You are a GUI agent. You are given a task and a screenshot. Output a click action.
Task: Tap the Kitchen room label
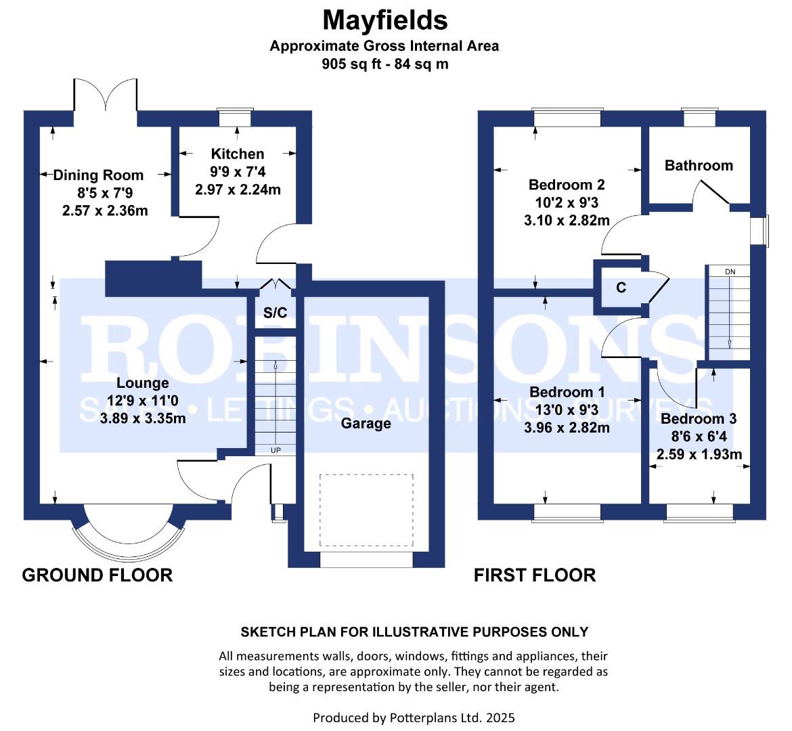tap(238, 154)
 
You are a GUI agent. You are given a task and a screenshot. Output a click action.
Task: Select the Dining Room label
tap(99, 175)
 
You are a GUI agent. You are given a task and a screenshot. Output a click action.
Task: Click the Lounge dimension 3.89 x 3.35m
tap(143, 418)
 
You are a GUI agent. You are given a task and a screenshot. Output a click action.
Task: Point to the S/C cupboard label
tap(276, 313)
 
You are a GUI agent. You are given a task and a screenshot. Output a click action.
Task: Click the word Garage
tap(366, 423)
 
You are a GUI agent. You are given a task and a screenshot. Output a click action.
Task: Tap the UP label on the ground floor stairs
tap(276, 450)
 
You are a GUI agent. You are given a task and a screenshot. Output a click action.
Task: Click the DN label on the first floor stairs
tap(730, 272)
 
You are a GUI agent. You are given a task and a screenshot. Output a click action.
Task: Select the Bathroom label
tap(699, 166)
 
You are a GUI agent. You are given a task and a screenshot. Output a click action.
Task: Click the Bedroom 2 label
tap(567, 185)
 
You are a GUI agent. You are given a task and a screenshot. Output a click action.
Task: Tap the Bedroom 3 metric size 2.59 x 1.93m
tap(699, 454)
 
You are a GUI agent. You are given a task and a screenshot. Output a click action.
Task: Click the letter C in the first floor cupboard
tap(621, 288)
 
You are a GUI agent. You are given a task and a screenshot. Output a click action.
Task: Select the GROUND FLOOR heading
tap(97, 575)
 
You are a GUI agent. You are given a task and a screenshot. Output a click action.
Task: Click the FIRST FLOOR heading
tap(535, 575)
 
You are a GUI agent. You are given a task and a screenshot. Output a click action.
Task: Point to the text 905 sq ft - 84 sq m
tap(385, 64)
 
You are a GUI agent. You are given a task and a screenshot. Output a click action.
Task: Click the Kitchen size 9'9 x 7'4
tap(238, 172)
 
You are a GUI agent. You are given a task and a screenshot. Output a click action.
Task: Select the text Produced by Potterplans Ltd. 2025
tap(414, 717)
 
